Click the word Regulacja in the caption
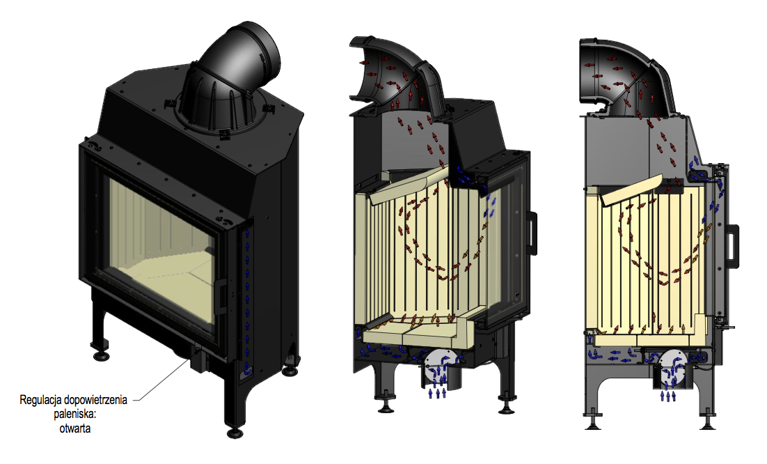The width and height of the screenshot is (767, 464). (41, 400)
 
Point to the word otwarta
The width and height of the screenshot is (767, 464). (75, 428)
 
